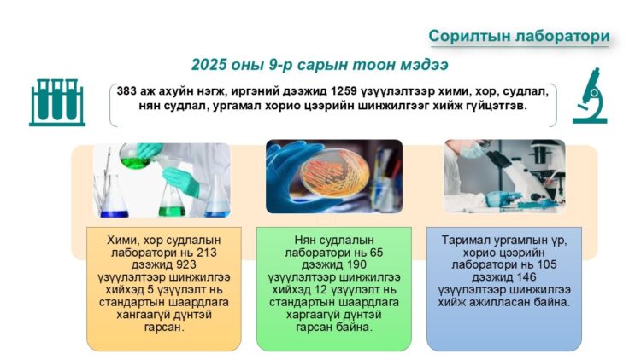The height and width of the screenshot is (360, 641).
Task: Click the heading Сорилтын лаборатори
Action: [x=519, y=36]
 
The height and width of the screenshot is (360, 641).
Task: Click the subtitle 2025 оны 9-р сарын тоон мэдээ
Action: [x=320, y=65]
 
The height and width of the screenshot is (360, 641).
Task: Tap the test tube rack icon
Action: [x=56, y=102]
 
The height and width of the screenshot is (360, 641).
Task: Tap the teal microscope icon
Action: [x=589, y=99]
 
